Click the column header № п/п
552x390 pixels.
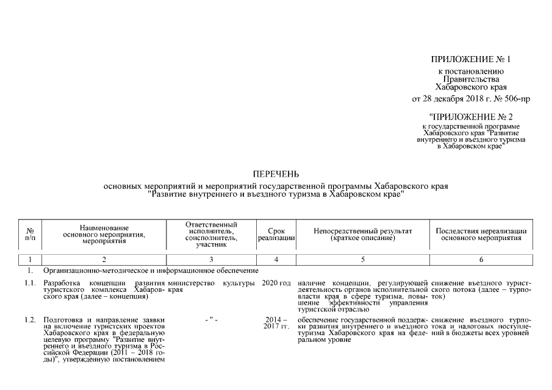30,235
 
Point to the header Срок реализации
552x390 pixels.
276,235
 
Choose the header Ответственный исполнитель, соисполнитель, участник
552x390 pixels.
211,235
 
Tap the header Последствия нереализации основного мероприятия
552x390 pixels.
481,235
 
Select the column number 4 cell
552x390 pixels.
276,260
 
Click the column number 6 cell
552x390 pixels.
481,260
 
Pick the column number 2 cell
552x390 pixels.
104,260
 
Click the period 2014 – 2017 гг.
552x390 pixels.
276,324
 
